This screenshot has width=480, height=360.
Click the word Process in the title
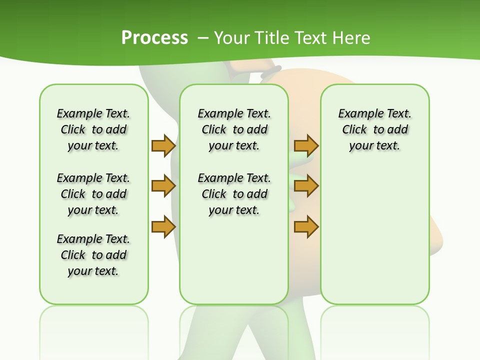tap(154, 37)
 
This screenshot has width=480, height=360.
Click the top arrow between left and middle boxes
tap(163, 145)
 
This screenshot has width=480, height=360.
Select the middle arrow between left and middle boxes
tap(163, 186)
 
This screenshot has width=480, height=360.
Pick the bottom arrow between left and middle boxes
tap(163, 227)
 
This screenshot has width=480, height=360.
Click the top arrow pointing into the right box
tap(306, 145)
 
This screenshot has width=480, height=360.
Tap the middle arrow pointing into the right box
tap(306, 186)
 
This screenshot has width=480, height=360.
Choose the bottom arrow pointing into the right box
tap(306, 227)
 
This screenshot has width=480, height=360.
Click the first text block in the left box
tap(93, 129)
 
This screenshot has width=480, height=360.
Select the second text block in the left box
tap(93, 194)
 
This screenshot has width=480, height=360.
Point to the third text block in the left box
tap(93, 255)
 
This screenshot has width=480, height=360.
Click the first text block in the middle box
tap(234, 129)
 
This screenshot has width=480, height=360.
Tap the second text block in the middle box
tap(234, 194)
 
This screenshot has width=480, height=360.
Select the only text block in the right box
tap(374, 129)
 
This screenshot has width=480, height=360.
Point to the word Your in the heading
tap(232, 37)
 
